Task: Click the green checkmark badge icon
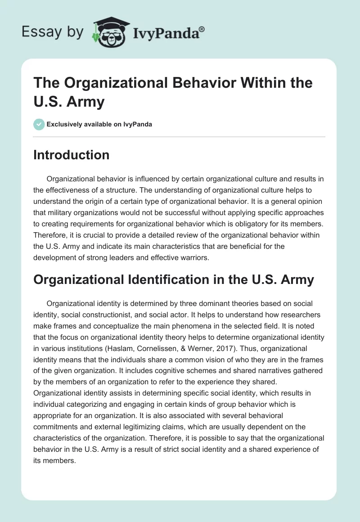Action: pyautogui.click(x=39, y=124)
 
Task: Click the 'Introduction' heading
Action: pyautogui.click(x=72, y=155)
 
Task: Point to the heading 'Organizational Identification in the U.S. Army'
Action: pyautogui.click(x=174, y=279)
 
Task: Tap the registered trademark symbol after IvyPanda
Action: pyautogui.click(x=202, y=28)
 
